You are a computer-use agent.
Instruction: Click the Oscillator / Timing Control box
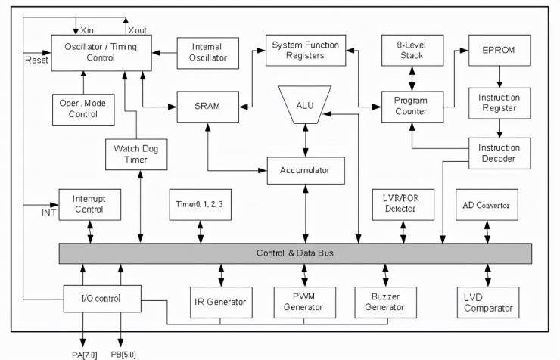[101, 53]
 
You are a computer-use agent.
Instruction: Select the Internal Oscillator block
[208, 53]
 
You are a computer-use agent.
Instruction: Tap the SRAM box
[208, 107]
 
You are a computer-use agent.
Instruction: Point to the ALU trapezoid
[305, 105]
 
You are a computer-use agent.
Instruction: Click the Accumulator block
[306, 170]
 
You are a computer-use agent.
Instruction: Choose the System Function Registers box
[306, 51]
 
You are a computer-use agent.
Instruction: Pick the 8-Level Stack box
[412, 51]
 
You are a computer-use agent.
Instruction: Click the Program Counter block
[412, 107]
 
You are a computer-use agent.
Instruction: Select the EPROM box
[499, 51]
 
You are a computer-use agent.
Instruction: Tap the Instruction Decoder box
[499, 154]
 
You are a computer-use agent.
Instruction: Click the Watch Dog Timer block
[136, 154]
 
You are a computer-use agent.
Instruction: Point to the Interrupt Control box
[89, 205]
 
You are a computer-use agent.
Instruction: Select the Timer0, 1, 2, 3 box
[200, 205]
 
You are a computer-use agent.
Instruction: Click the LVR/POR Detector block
[403, 205]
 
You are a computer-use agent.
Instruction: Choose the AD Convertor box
[487, 205]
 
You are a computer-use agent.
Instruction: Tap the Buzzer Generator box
[385, 303]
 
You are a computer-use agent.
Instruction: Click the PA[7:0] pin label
[84, 355]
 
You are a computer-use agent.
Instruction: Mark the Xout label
[138, 30]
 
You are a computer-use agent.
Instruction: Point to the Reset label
[36, 60]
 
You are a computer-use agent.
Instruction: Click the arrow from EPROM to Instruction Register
[499, 76]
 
